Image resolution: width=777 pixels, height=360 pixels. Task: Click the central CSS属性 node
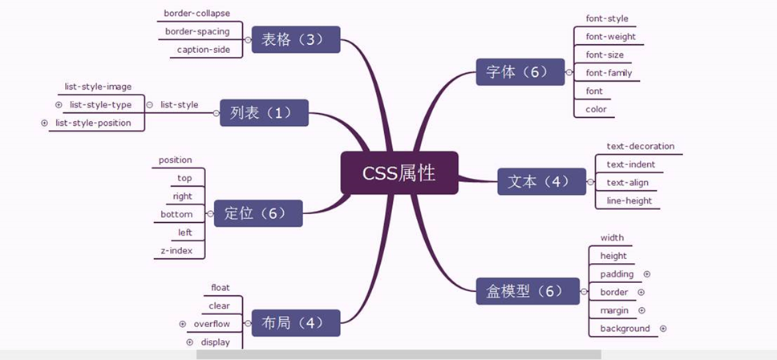tap(399, 172)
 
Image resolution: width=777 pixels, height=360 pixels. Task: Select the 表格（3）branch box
tap(296, 39)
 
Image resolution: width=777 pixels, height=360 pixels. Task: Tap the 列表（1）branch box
tap(261, 113)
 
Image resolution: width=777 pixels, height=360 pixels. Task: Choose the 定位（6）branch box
tap(257, 213)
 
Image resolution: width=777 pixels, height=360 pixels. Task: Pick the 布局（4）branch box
tap(296, 323)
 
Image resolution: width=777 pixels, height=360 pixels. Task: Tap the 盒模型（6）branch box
tap(527, 291)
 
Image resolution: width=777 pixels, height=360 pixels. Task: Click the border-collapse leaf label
tap(197, 14)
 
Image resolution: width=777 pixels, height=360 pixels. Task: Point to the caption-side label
tap(204, 50)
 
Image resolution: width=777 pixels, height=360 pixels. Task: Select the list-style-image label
tap(98, 87)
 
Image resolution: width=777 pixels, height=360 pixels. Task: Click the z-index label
tap(176, 251)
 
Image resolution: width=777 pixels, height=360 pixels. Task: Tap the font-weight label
tap(610, 36)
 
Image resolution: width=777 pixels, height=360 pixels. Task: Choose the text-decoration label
tap(640, 147)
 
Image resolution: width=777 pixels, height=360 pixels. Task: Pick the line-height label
tap(629, 200)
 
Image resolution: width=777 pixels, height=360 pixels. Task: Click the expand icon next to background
tap(663, 329)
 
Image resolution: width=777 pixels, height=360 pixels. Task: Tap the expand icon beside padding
tap(646, 274)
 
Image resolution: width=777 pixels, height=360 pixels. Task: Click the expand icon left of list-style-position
tap(44, 123)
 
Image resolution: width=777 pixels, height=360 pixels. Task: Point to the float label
tap(221, 287)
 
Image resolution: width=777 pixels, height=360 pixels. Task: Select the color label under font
tap(596, 109)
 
